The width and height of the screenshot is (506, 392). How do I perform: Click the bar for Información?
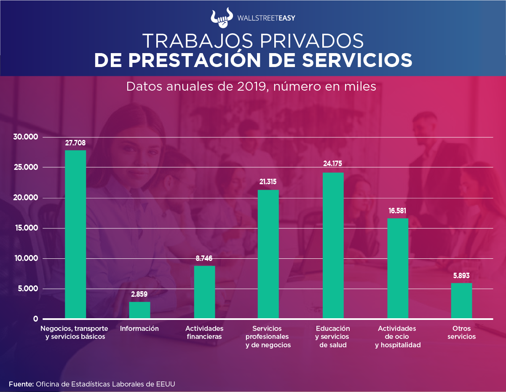click(139, 310)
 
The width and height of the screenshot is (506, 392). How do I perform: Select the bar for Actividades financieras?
click(204, 292)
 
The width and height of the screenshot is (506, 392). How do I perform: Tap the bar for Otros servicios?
click(461, 301)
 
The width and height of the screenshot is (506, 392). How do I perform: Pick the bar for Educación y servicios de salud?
click(333, 245)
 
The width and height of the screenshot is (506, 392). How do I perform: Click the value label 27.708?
click(75, 143)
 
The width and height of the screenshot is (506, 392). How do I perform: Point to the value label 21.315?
click(268, 182)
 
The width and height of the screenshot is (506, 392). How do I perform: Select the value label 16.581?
click(397, 211)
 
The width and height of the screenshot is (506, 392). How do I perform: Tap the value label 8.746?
click(204, 258)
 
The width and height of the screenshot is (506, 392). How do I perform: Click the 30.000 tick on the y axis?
click(26, 137)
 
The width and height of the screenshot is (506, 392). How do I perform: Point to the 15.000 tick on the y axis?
click(26, 228)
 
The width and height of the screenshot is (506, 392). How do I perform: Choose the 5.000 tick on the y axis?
click(27, 289)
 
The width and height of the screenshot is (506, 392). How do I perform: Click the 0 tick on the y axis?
click(36, 319)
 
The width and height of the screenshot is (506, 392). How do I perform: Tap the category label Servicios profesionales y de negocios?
click(268, 336)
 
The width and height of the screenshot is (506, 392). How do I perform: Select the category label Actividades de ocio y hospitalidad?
click(397, 336)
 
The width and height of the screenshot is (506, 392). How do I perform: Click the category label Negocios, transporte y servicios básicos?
click(75, 332)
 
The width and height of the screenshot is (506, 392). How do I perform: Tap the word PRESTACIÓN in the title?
click(207, 60)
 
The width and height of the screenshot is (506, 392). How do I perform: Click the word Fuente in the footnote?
click(21, 384)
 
